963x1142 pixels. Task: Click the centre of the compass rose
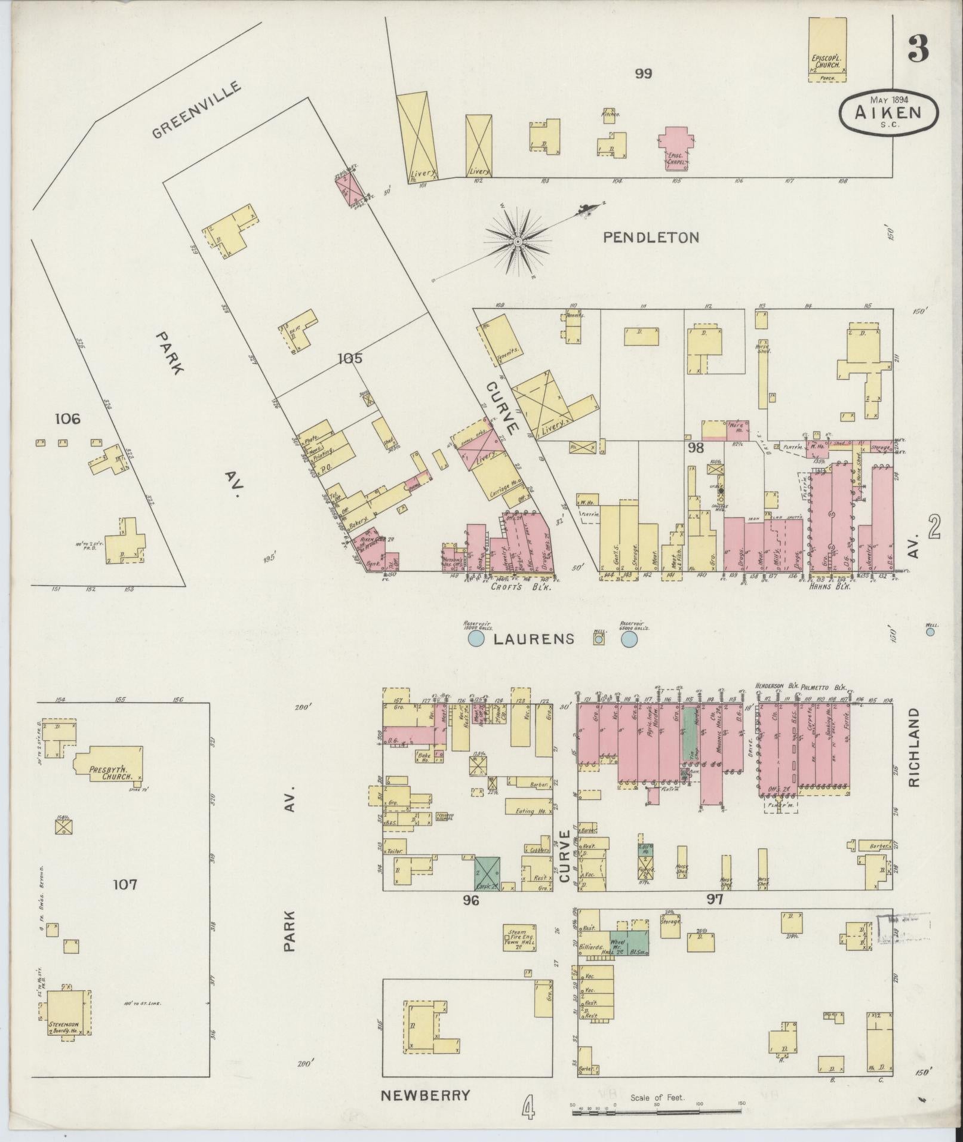pos(518,241)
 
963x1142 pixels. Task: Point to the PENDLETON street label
pos(650,238)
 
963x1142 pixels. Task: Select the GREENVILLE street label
pos(196,110)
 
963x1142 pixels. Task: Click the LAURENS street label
pos(534,639)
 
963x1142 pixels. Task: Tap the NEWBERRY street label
pos(426,1095)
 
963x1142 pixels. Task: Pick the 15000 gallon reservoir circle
pos(476,639)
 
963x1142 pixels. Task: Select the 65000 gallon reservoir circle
pos(629,640)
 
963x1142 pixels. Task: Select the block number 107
pos(125,884)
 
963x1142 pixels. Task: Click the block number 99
pos(643,74)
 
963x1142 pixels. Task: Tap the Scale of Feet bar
pos(657,1113)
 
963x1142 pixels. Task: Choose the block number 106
pos(67,419)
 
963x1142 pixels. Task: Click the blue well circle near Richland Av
pos(930,632)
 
